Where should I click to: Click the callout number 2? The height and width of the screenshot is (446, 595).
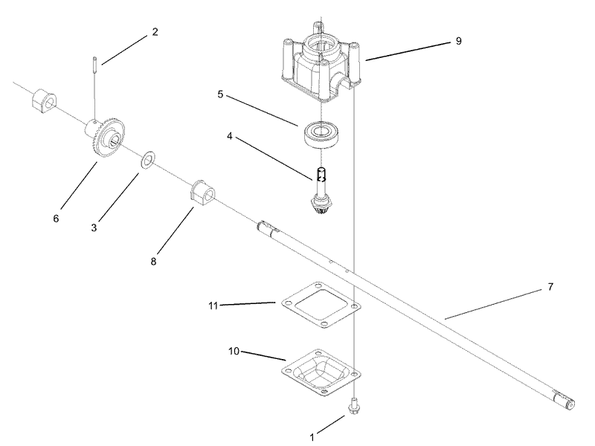click(155, 32)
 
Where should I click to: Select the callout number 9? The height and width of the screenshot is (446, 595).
click(458, 41)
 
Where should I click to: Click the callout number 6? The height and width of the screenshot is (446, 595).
click(55, 219)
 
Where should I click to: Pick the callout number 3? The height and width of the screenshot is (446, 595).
click(94, 227)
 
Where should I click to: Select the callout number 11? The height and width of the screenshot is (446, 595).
click(213, 305)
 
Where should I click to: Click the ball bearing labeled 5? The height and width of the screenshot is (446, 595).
click(321, 134)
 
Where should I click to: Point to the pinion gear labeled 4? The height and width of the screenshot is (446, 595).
click(321, 194)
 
